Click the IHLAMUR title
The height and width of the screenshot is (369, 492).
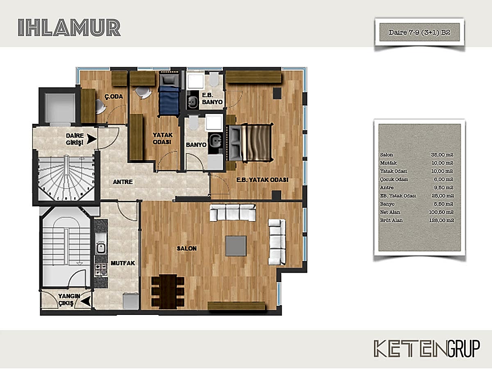click(69, 27)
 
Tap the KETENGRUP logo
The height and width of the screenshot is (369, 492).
click(427, 348)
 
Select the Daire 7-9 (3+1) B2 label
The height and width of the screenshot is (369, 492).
click(419, 32)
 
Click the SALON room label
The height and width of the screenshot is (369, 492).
click(187, 248)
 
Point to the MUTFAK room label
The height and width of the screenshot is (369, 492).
click(123, 263)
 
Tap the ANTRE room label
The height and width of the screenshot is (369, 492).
click(123, 182)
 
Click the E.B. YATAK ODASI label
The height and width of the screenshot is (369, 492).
click(262, 180)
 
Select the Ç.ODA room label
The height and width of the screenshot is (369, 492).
click(114, 97)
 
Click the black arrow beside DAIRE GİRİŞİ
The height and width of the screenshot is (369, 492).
click(92, 139)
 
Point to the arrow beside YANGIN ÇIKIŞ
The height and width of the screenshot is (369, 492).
click(86, 301)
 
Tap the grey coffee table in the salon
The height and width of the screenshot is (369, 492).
click(236, 246)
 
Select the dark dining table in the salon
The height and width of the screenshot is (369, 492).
click(168, 292)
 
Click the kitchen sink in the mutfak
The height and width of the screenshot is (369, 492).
click(100, 248)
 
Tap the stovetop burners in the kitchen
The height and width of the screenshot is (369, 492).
click(100, 269)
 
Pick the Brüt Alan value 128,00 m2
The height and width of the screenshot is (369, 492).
click(442, 220)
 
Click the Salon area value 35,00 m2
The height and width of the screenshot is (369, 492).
click(442, 155)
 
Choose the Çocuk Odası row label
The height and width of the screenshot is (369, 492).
click(394, 179)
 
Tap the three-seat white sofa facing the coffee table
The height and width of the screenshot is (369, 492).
click(232, 212)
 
